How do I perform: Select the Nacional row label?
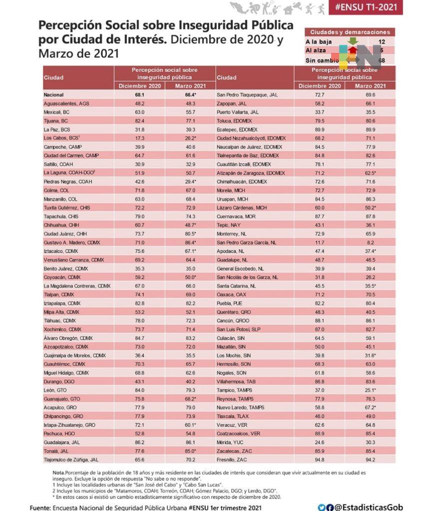click(54, 94)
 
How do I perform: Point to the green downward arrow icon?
click(353, 41)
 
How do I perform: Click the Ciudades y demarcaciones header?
click(350, 32)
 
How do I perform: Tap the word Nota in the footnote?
click(58, 472)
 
